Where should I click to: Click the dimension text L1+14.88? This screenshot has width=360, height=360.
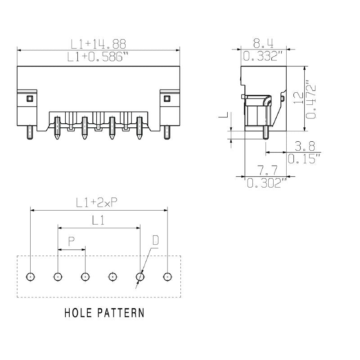pyautogui.click(x=98, y=44)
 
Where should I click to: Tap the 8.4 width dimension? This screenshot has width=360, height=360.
pyautogui.click(x=263, y=43)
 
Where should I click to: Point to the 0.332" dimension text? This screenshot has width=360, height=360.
pyautogui.click(x=263, y=56)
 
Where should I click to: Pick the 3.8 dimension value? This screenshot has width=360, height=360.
pyautogui.click(x=305, y=146)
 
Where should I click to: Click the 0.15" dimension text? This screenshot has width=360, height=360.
pyautogui.click(x=304, y=159)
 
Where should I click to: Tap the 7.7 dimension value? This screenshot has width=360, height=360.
pyautogui.click(x=267, y=170)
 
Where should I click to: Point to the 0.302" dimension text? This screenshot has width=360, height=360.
pyautogui.click(x=267, y=183)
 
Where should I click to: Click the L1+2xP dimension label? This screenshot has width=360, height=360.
pyautogui.click(x=97, y=203)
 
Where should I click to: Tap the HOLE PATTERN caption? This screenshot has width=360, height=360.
pyautogui.click(x=104, y=313)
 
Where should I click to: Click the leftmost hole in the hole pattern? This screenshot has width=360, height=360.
pyautogui.click(x=30, y=276)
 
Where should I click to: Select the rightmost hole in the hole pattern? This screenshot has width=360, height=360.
pyautogui.click(x=167, y=276)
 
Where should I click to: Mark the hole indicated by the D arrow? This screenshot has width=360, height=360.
pyautogui.click(x=140, y=276)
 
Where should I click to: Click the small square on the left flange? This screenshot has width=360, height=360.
pyautogui.click(x=30, y=99)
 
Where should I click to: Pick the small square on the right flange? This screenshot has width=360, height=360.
pyautogui.click(x=167, y=99)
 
